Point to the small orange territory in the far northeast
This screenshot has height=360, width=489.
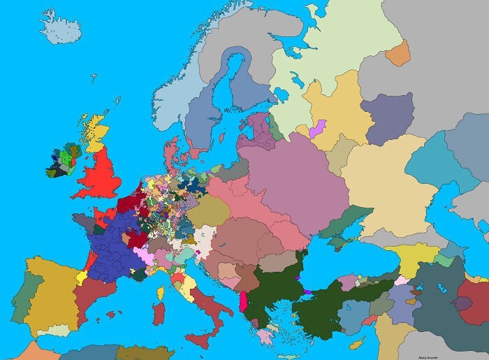click(397, 52)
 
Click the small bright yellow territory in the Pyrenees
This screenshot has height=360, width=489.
click(82, 277)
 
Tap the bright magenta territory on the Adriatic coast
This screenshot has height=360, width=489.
click(242, 302)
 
